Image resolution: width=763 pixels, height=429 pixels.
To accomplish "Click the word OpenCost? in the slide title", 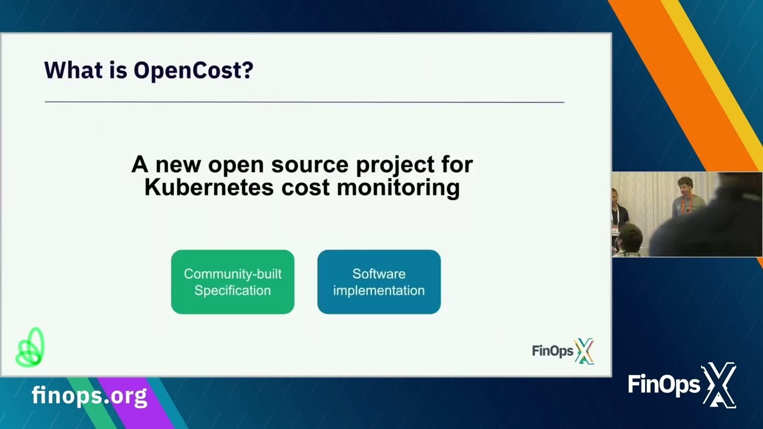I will pyautogui.click(x=193, y=70).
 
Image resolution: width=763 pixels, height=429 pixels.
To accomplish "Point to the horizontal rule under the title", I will pyautogui.click(x=304, y=102).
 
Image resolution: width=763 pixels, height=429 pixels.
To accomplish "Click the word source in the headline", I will pyautogui.click(x=309, y=164).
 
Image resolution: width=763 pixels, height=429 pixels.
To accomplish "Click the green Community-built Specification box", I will pyautogui.click(x=232, y=282).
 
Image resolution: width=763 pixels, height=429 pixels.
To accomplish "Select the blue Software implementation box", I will pyautogui.click(x=379, y=282).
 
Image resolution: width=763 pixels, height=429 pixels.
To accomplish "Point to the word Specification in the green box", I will pyautogui.click(x=232, y=291).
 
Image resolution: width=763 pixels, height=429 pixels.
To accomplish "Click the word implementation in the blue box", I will pyautogui.click(x=379, y=291).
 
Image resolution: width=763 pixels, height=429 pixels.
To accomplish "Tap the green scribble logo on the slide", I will pyautogui.click(x=30, y=347).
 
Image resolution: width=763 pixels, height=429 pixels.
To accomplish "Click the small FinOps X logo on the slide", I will pyautogui.click(x=563, y=351).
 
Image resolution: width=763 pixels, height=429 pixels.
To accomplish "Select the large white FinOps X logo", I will pyautogui.click(x=682, y=385).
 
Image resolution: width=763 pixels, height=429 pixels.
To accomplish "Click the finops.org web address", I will pyautogui.click(x=89, y=395).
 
